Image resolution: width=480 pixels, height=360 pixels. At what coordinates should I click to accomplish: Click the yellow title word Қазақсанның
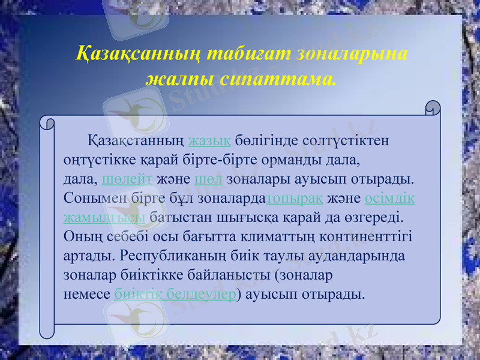coord(139,53)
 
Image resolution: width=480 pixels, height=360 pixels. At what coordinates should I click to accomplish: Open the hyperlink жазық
coord(209,142)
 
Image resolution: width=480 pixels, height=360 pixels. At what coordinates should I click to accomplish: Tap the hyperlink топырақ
coord(295,199)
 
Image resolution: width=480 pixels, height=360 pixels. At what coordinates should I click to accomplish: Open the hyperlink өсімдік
coord(389,199)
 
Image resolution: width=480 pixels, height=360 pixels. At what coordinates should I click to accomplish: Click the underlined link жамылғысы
coord(104,217)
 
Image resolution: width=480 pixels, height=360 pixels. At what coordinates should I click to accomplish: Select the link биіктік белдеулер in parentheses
coord(175,295)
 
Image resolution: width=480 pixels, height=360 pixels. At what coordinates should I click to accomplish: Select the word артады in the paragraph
coord(88,256)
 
